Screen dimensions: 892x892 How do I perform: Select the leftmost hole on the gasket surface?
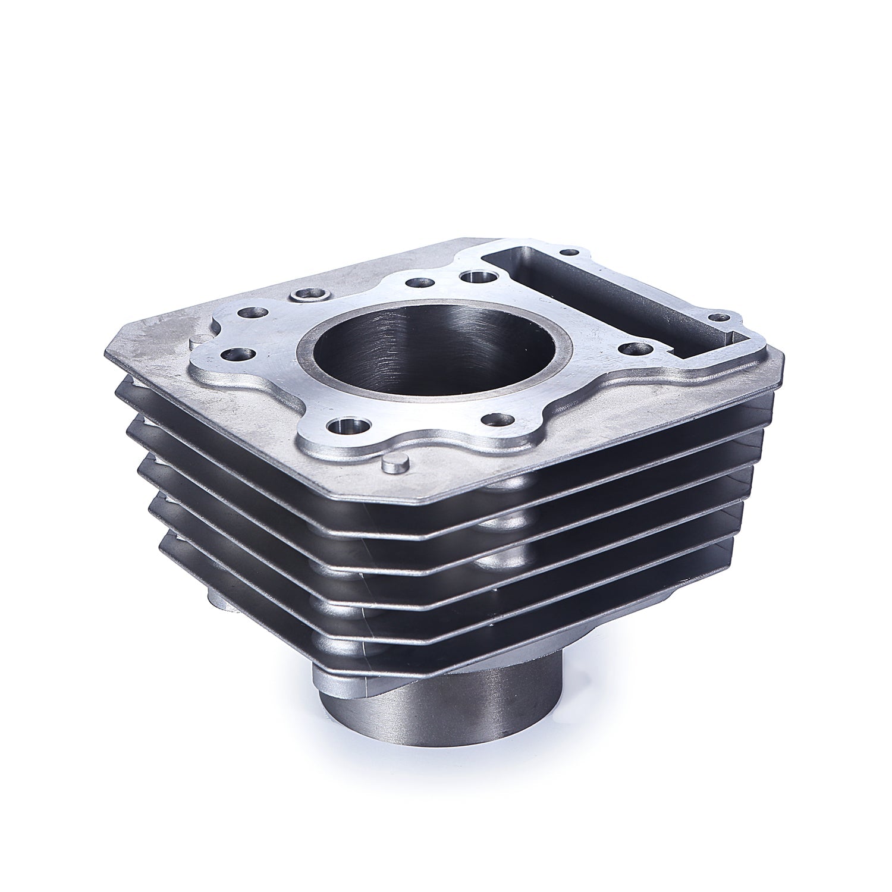pyautogui.click(x=232, y=354)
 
